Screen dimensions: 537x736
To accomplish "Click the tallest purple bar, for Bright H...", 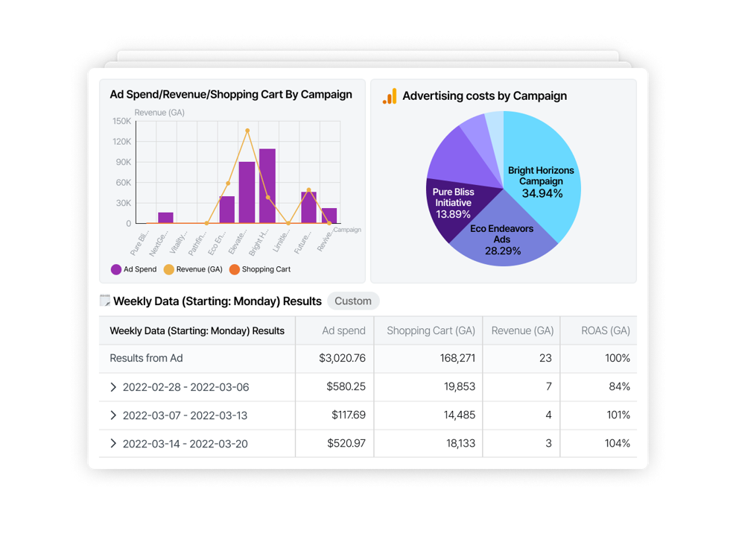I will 267,186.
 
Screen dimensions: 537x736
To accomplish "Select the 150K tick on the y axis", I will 121,121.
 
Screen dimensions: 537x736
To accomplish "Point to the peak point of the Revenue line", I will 247,131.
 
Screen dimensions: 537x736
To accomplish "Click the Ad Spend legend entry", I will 134,269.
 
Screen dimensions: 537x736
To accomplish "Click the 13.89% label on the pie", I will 453,214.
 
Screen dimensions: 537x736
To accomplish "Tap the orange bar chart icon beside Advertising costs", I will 390,96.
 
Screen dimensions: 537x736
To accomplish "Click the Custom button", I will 353,301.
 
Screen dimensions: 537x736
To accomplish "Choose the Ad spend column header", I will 343,330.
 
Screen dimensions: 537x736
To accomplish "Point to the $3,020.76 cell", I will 342,358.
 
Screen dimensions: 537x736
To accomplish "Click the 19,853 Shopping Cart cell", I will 454,386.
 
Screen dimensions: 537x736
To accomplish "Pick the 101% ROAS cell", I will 619,415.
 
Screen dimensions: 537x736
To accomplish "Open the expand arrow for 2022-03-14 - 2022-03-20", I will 113,443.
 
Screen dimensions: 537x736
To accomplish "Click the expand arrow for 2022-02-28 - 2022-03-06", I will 113,386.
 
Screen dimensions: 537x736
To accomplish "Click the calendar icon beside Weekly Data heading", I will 105,301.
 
